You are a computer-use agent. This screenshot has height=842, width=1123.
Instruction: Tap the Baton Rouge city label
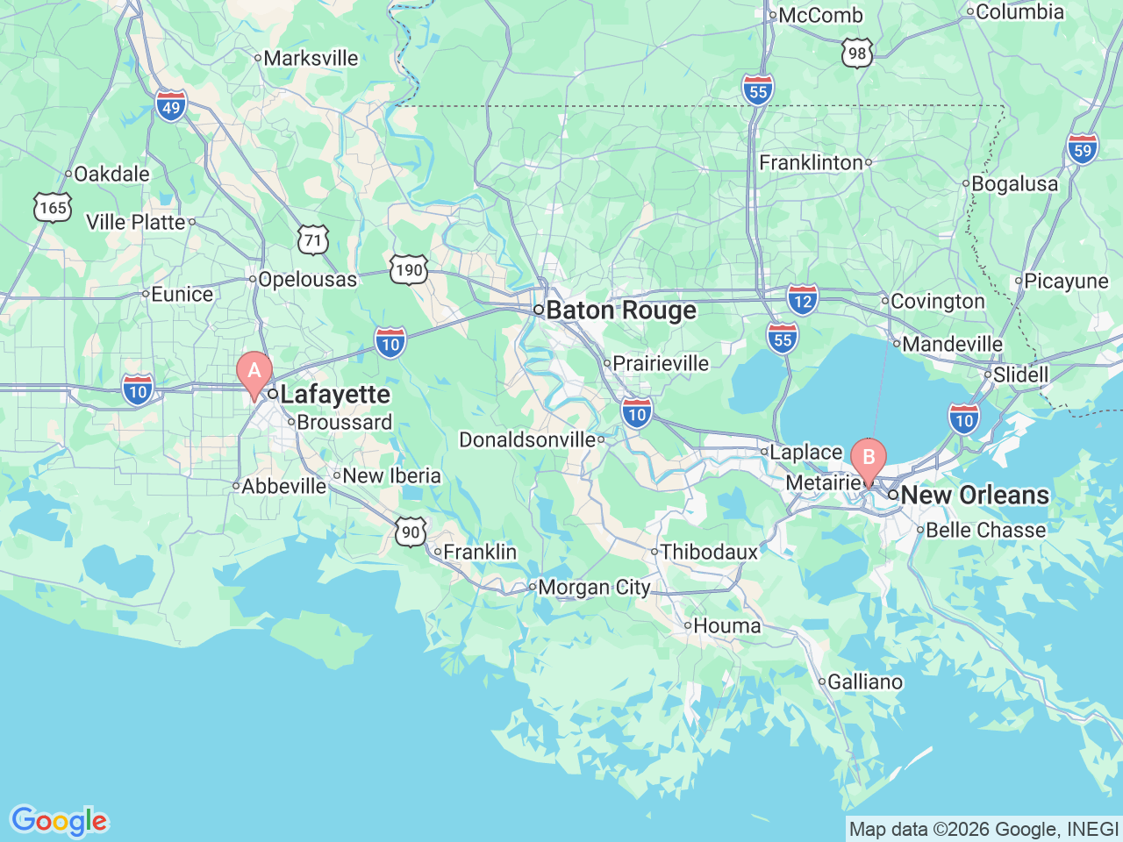coord(620,310)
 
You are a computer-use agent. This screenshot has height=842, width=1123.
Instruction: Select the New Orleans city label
coord(974,495)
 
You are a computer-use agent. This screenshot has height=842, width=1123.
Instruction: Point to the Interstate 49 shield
coord(171,106)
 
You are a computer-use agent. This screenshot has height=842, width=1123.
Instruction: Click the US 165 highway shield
coord(53,207)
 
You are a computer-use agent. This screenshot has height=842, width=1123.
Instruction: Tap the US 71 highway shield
coord(312,239)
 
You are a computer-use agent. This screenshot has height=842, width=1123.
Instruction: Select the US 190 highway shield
coord(409,269)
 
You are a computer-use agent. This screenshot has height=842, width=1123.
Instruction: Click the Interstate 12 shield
coord(802,299)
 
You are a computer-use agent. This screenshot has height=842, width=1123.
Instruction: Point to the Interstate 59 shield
coord(1083,148)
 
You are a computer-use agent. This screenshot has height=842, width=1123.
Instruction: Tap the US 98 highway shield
coord(857,53)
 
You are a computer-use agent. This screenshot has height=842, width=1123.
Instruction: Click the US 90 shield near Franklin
coord(411,532)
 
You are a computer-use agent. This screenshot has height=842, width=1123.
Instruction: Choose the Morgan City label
coord(594,588)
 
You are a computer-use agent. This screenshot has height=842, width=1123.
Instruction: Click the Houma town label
coord(726,625)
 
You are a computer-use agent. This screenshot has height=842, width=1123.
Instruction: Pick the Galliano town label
coord(864,681)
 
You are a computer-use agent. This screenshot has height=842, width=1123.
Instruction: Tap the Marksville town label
coord(311,58)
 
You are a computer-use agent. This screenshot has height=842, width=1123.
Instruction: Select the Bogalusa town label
coord(1014,184)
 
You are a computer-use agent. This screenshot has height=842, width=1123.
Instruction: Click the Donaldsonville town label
coord(527,439)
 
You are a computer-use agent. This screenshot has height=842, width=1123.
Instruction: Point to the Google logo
coord(59,821)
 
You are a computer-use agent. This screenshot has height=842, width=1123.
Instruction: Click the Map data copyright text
coord(984,829)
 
